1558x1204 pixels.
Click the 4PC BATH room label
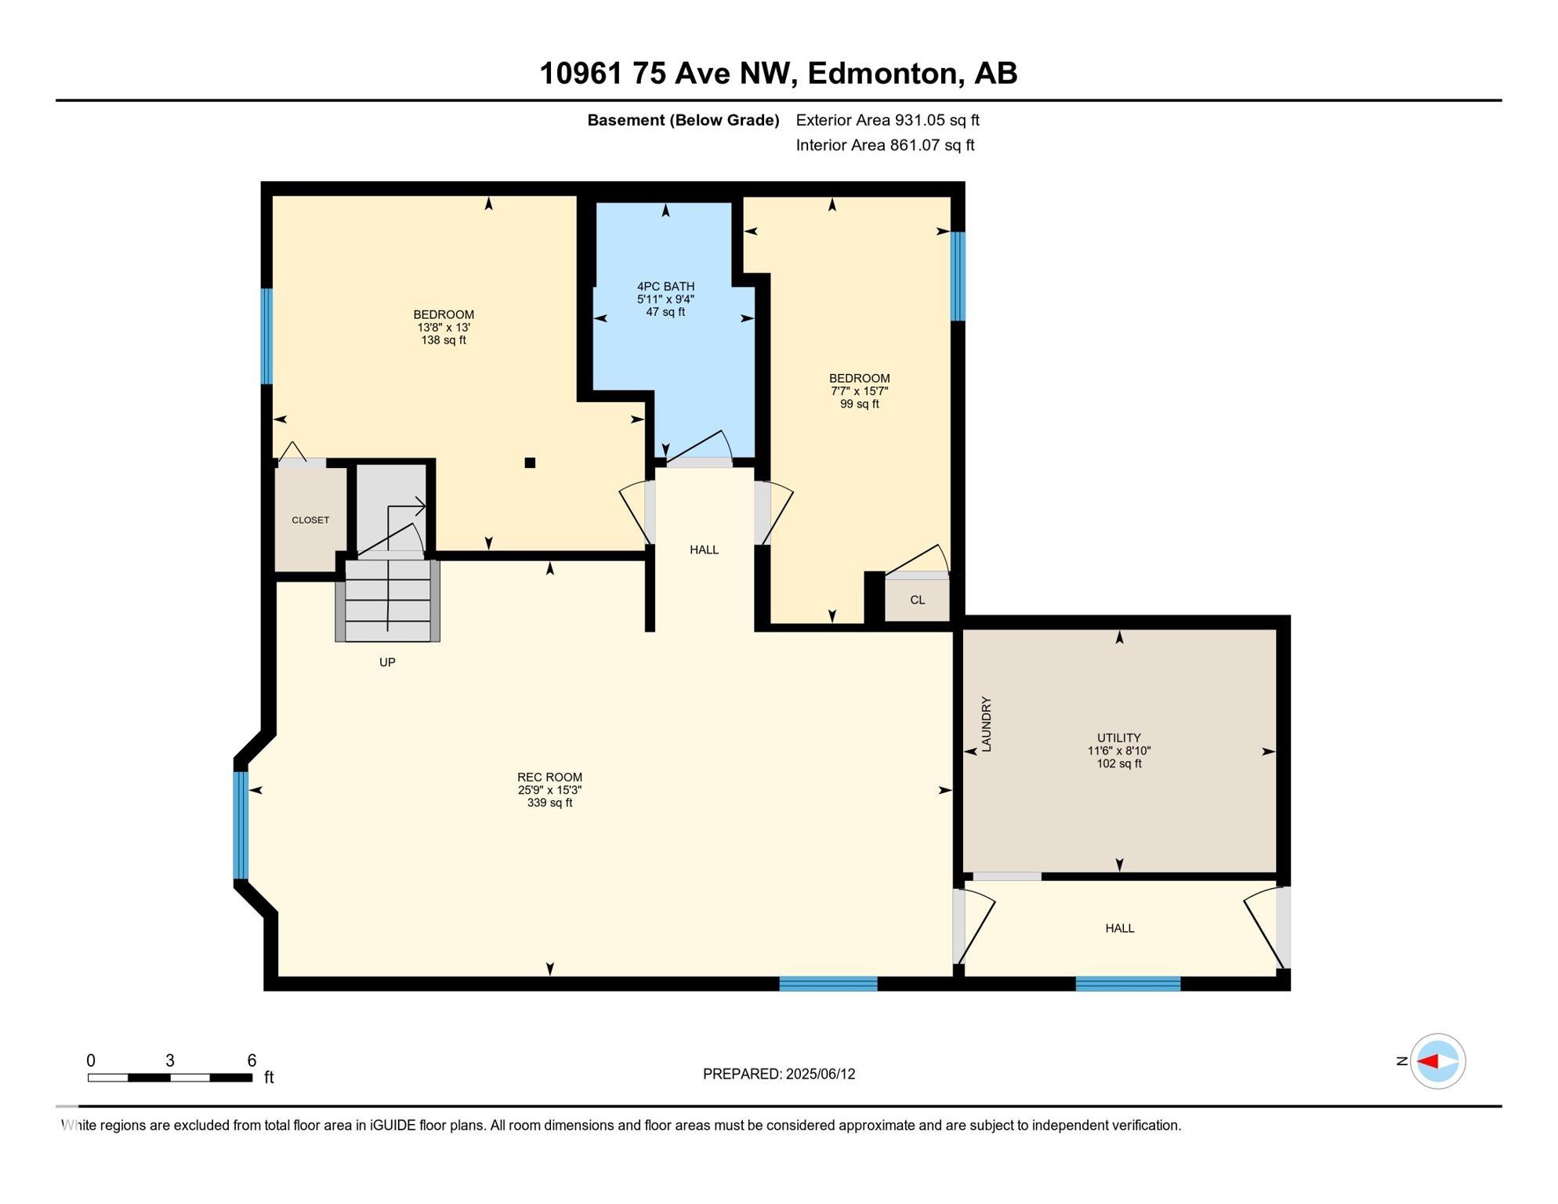665,287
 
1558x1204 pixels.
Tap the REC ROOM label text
549,778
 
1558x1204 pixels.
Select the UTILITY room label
1118,738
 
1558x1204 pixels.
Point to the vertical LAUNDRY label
987,724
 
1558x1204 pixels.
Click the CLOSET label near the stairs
310,520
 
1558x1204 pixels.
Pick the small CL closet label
918,600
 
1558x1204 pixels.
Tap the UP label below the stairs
387,662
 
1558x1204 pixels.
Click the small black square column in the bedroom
530,462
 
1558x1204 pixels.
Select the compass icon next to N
1437,1061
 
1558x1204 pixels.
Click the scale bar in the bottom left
170,1078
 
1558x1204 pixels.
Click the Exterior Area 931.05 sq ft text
888,120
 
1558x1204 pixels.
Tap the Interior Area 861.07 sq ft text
886,145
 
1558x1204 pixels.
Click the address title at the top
778,73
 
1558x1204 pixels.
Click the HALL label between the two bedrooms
704,549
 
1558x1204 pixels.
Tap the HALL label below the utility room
1120,928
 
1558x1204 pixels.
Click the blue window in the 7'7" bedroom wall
958,276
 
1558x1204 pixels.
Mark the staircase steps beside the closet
388,600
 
